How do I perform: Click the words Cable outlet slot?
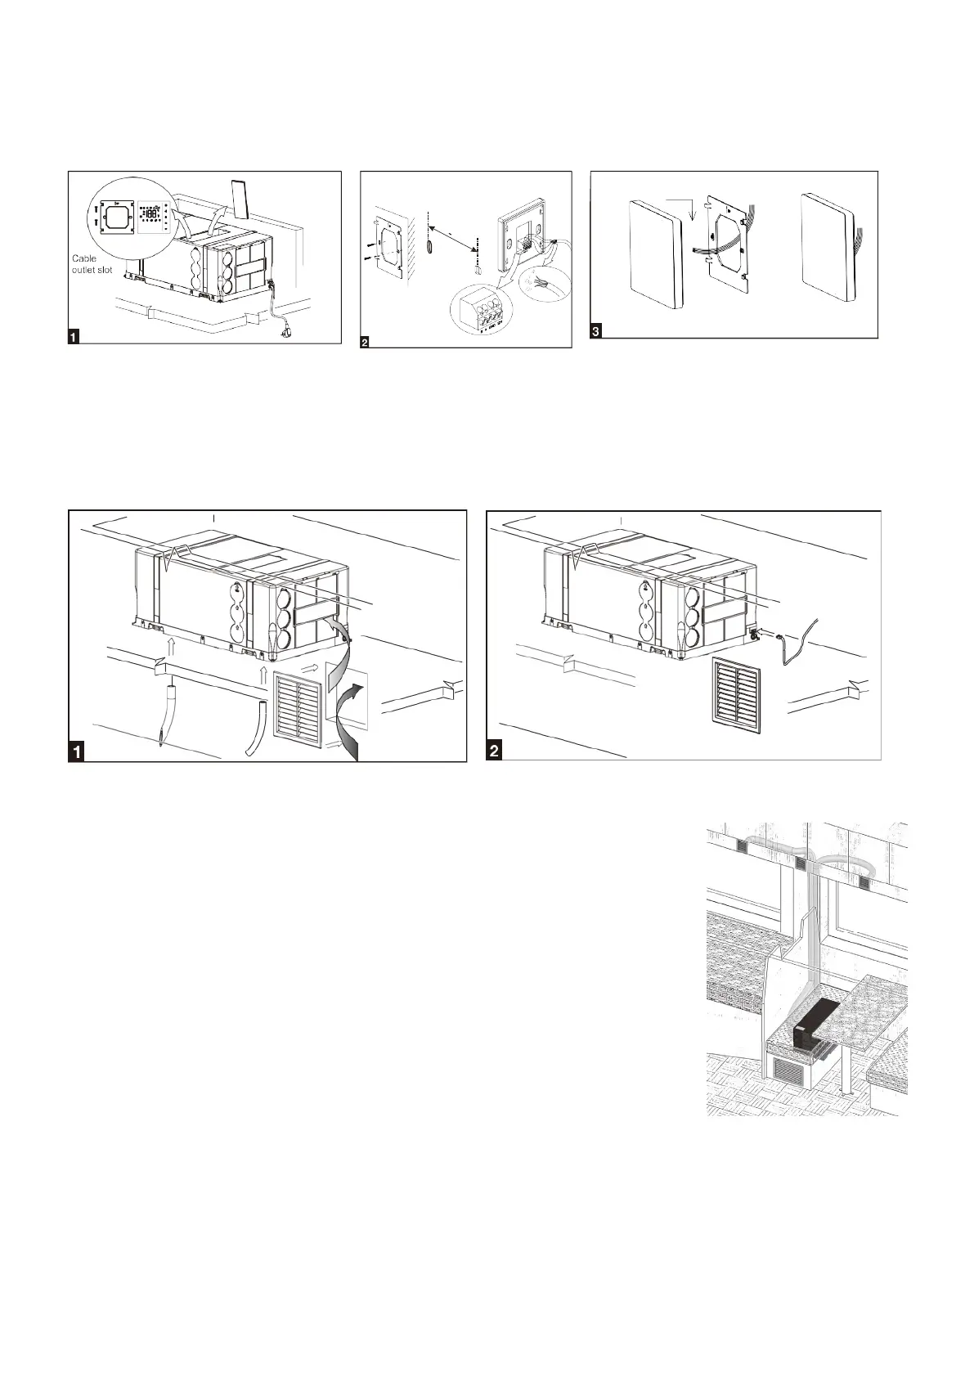tap(92, 264)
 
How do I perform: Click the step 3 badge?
tap(595, 331)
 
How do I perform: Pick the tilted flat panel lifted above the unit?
tap(240, 200)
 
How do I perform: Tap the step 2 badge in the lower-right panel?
tap(495, 751)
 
